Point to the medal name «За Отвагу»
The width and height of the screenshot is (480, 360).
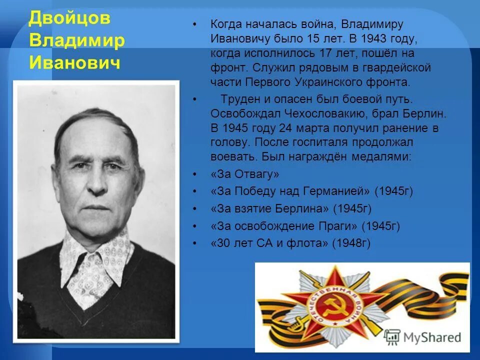point(245,174)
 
